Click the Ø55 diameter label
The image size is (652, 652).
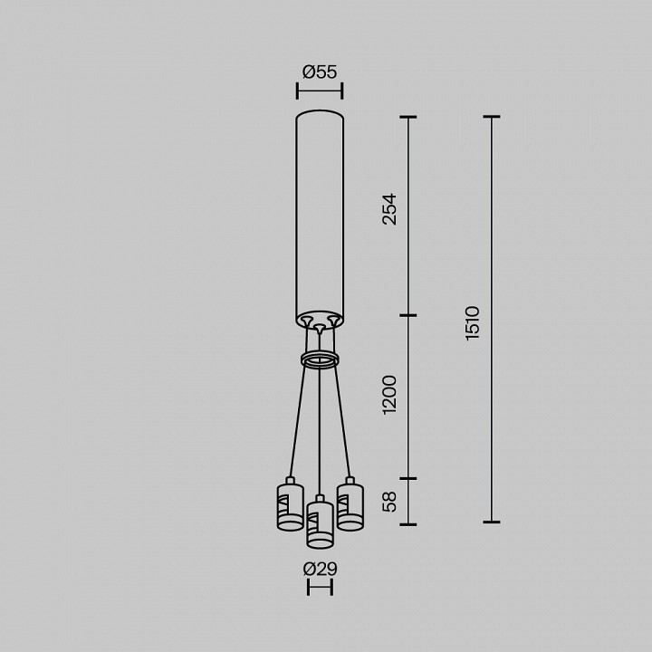[320, 72]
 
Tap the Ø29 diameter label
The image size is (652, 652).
[320, 569]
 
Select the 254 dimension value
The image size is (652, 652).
[389, 209]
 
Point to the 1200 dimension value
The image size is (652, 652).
[389, 394]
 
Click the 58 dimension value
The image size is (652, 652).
[389, 502]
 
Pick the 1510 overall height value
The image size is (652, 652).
[473, 322]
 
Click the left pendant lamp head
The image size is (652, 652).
[290, 505]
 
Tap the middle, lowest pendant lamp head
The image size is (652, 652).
[320, 524]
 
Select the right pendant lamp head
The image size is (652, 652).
[350, 505]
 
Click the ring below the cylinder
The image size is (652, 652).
[320, 360]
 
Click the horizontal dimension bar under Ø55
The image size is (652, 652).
[320, 91]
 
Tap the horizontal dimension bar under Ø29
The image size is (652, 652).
[320, 589]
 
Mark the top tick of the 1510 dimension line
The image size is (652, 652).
[492, 117]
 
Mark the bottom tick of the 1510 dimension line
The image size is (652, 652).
[492, 523]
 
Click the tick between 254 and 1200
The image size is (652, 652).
[408, 315]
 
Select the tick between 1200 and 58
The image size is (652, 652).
[408, 478]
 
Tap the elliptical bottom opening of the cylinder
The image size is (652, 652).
[320, 320]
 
